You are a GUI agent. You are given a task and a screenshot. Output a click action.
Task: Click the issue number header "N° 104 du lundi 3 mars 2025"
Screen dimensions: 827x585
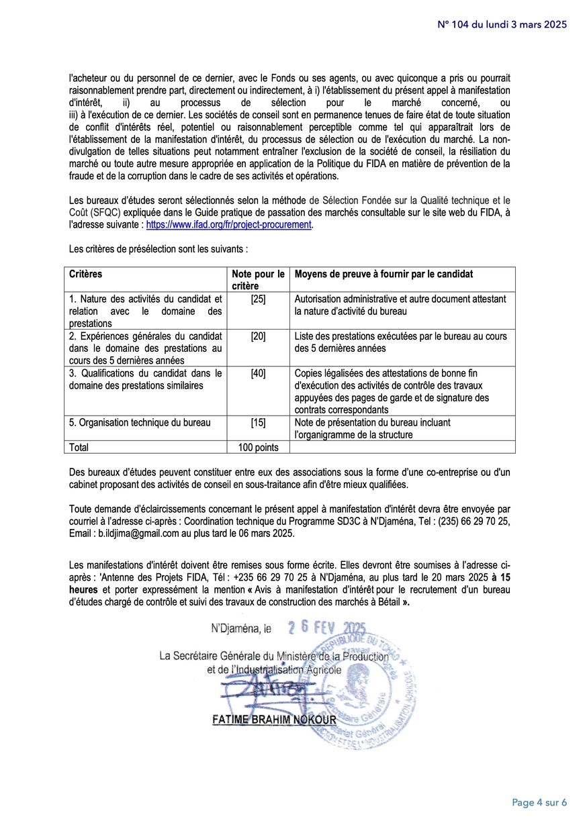[502, 24]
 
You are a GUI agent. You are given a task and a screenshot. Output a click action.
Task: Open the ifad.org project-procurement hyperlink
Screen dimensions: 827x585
[228, 225]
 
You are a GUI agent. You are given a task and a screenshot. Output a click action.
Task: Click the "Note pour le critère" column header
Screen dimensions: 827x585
[258, 279]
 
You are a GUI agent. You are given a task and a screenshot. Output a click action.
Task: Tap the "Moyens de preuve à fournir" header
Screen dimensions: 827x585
[384, 274]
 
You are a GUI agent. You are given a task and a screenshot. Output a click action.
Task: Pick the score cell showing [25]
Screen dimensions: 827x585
[258, 299]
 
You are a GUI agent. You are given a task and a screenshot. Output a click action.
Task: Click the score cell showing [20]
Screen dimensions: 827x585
[258, 336]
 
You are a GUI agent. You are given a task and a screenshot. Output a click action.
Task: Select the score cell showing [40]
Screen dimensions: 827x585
[258, 373]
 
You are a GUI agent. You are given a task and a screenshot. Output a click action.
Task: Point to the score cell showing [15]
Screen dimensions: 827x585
[258, 422]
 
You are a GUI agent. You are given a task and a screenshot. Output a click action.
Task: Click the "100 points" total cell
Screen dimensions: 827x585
[258, 447]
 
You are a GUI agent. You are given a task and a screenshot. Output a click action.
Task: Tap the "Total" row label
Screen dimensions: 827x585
[79, 447]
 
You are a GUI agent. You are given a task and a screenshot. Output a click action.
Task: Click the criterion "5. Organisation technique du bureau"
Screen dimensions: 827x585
[140, 422]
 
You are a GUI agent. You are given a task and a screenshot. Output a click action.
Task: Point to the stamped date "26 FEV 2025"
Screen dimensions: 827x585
[326, 628]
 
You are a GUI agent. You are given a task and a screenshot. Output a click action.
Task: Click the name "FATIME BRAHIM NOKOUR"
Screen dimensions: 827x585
[274, 720]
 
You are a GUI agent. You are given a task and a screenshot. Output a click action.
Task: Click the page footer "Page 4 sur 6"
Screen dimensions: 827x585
[539, 802]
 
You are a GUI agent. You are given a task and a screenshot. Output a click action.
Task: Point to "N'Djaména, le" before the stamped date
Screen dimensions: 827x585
[242, 630]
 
